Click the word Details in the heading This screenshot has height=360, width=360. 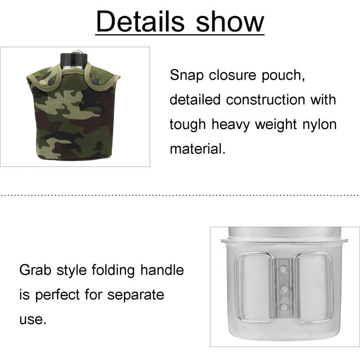(x=140, y=21)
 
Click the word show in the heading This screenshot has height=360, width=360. (x=230, y=21)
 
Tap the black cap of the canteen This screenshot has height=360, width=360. (x=74, y=59)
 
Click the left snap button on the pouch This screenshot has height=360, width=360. (x=52, y=81)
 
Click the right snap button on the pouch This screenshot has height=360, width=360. (x=94, y=80)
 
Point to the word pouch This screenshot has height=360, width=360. (x=283, y=76)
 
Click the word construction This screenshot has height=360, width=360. (x=265, y=99)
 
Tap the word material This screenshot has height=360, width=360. (x=198, y=148)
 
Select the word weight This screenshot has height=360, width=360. (x=276, y=125)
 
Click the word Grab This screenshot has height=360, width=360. (x=35, y=270)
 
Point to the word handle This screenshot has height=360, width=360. (x=162, y=270)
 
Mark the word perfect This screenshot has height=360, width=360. (x=58, y=295)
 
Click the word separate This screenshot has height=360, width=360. (x=136, y=295)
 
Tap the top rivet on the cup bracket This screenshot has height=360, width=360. (x=284, y=268)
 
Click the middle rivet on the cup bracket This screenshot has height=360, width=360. (x=284, y=288)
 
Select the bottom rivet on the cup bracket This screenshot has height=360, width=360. (x=284, y=307)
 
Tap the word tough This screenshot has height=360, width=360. (x=188, y=125)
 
